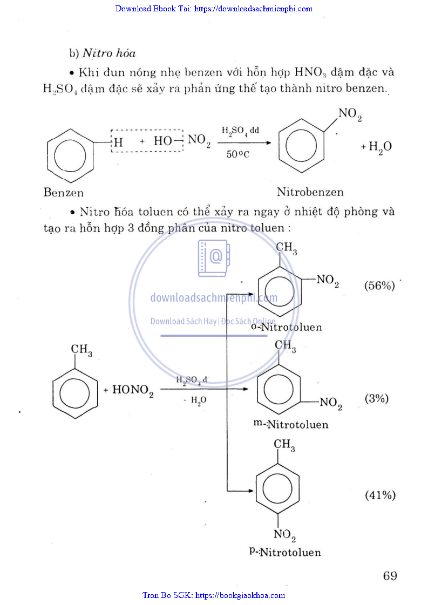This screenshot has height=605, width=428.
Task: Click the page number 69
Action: pyautogui.click(x=390, y=576)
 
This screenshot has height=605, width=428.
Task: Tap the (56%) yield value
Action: pyautogui.click(x=379, y=285)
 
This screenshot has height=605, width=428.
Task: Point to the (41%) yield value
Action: pyautogui.click(x=380, y=495)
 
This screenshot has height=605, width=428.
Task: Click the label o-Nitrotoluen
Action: pyautogui.click(x=286, y=327)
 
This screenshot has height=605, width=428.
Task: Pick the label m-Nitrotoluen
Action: pyautogui.click(x=291, y=424)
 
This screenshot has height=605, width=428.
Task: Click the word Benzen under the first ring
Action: pyautogui.click(x=64, y=192)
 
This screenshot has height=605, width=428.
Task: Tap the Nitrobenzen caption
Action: pyautogui.click(x=310, y=192)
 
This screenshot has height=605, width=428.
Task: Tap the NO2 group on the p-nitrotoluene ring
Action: pyautogui.click(x=284, y=535)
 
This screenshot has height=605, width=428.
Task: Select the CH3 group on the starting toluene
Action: pyautogui.click(x=81, y=351)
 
